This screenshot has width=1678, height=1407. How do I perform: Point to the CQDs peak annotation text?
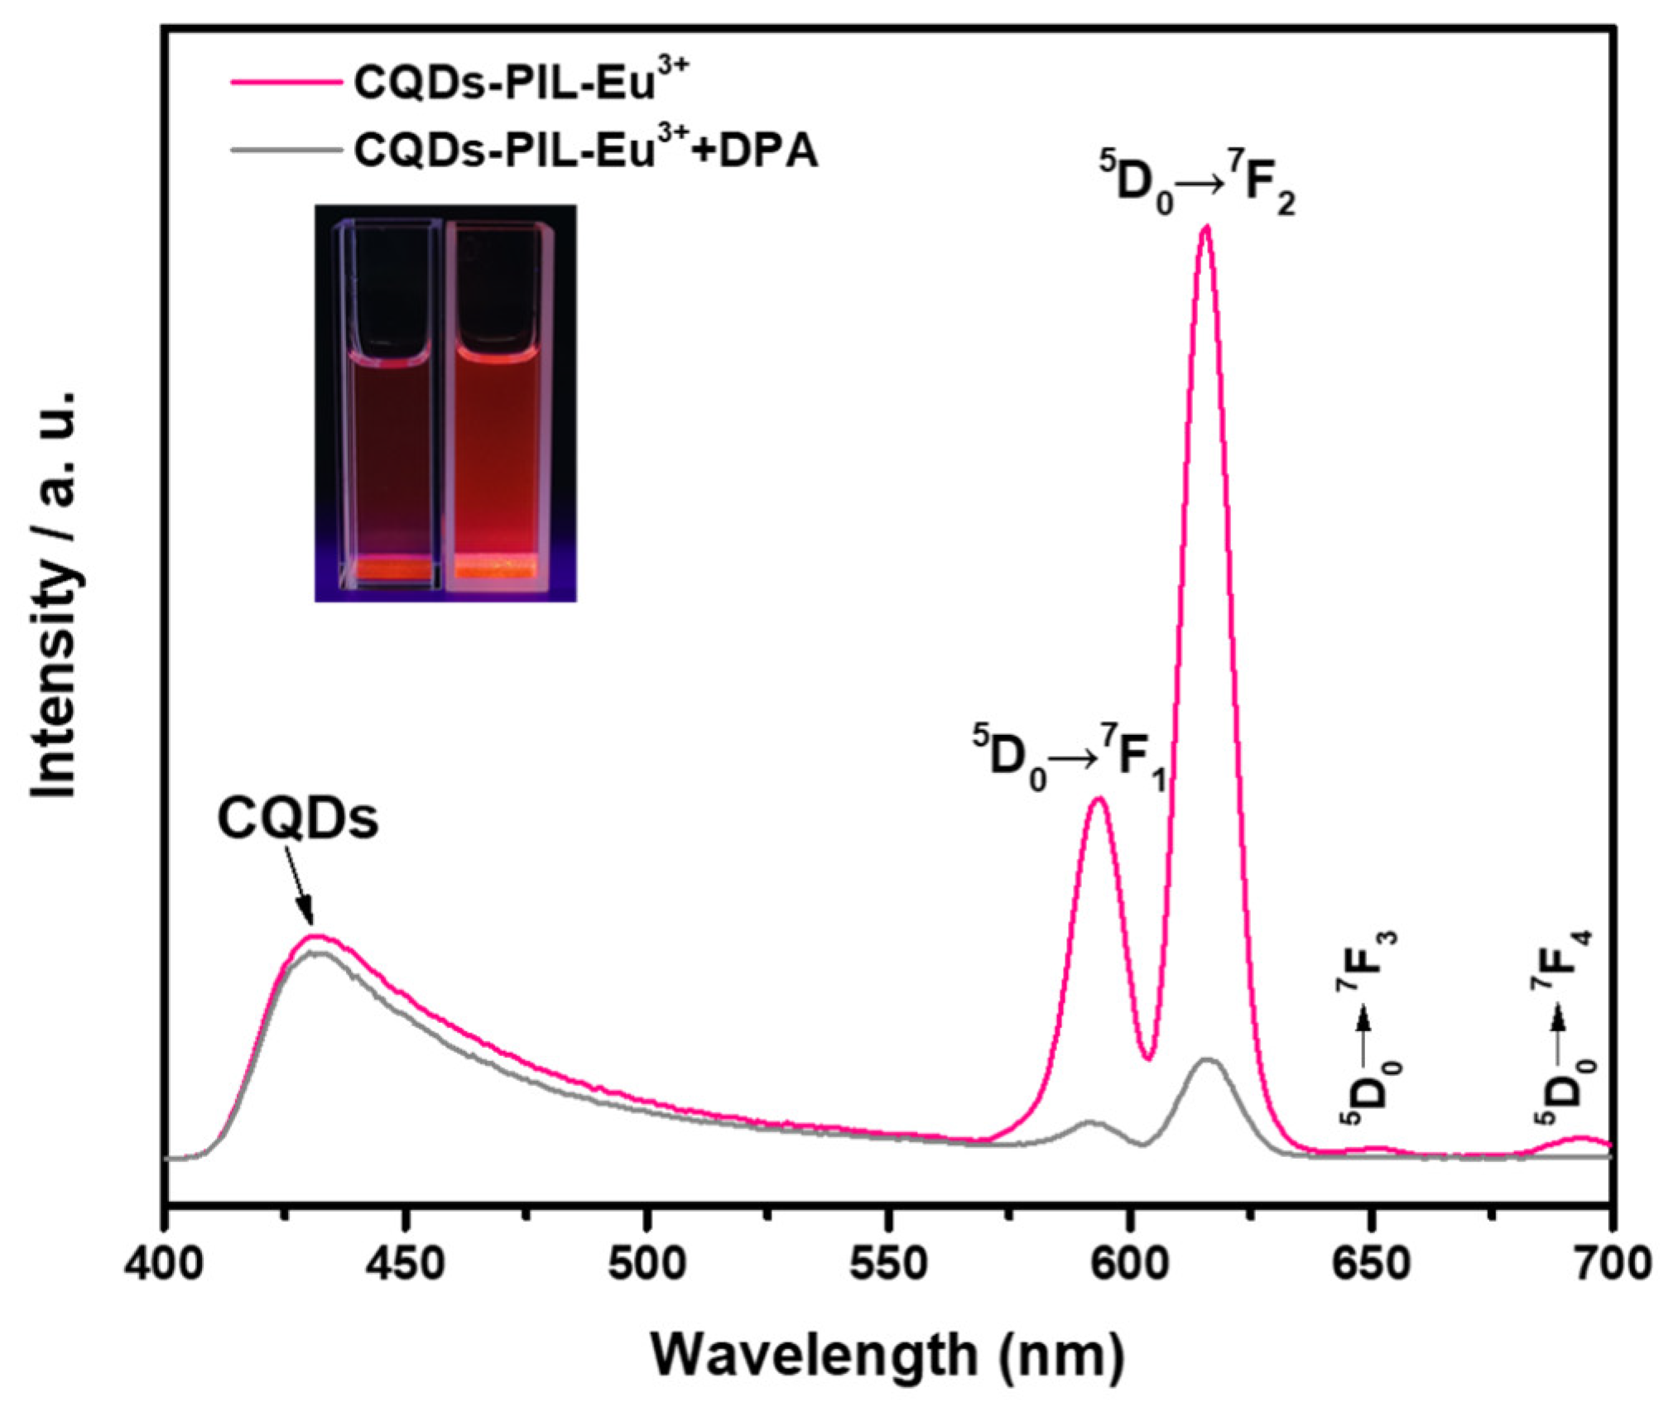298,820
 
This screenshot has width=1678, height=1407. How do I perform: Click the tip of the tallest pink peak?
1205,227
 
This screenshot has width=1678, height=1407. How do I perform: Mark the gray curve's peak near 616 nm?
1207,1059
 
